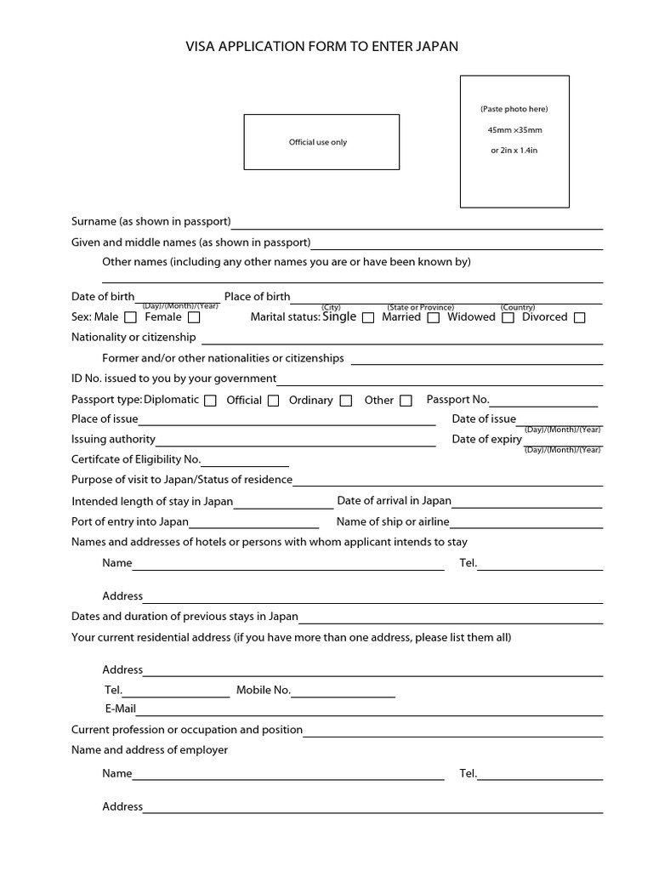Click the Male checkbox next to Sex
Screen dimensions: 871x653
click(x=130, y=318)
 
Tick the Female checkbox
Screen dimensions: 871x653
click(x=194, y=318)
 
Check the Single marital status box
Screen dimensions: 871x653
click(x=368, y=318)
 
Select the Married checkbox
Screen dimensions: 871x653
click(x=433, y=318)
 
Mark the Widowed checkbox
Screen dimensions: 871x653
click(x=508, y=318)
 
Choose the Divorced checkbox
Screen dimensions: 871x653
click(x=579, y=318)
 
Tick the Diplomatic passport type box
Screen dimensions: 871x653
click(x=210, y=401)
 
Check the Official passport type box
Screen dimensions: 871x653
click(x=273, y=401)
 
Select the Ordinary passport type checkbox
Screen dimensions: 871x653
click(x=345, y=401)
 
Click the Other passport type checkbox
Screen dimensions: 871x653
click(x=406, y=401)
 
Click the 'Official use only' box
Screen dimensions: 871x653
click(x=321, y=142)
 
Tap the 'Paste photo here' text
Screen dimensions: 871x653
click(x=514, y=109)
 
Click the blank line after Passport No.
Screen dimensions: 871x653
click(x=543, y=405)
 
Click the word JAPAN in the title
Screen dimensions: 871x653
click(x=434, y=47)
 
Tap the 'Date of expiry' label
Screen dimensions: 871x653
click(x=486, y=439)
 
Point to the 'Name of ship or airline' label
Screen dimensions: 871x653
click(x=393, y=521)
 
